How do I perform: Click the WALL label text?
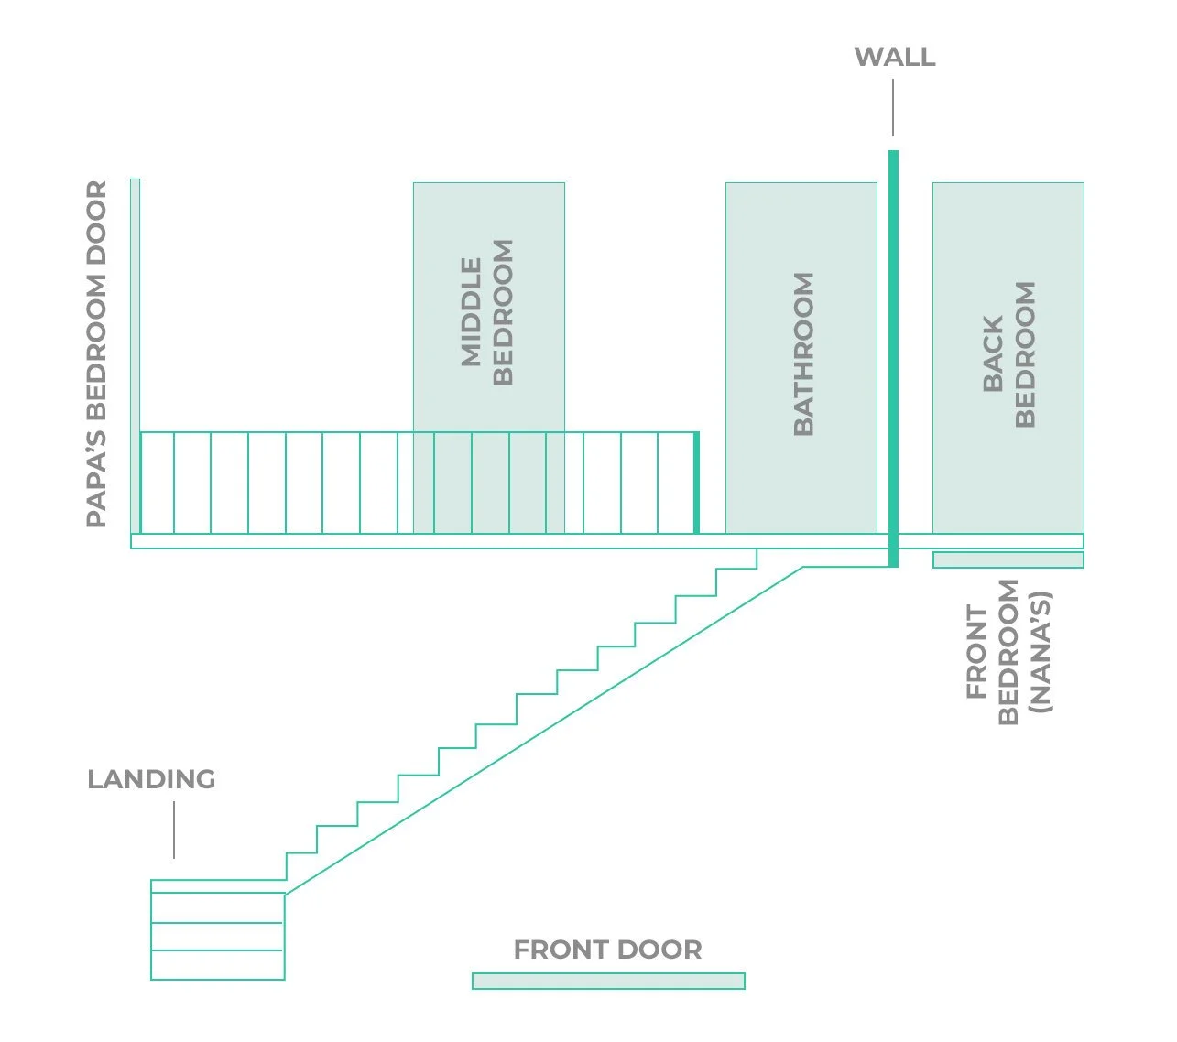[894, 57]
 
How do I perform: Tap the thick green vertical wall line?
[893, 357]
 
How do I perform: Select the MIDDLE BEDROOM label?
[487, 312]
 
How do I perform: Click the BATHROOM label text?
[803, 353]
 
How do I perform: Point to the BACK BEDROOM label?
[1008, 353]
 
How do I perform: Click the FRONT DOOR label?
[607, 950]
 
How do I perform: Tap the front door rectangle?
[608, 981]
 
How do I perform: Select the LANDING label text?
[151, 779]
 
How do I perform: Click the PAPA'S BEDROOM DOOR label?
[97, 353]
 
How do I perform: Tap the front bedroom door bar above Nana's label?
[1008, 559]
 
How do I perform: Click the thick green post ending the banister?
[696, 483]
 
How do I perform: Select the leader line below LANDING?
[174, 830]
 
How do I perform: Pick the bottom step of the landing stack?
[217, 965]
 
